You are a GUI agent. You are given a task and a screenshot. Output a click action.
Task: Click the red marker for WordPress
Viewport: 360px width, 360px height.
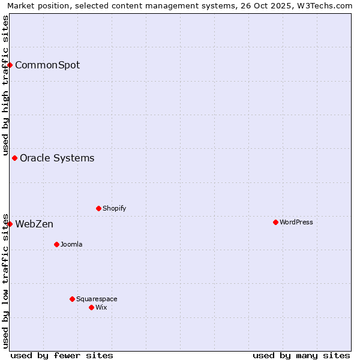(x=275, y=222)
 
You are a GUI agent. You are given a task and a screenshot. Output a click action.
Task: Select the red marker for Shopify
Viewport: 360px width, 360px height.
(x=98, y=208)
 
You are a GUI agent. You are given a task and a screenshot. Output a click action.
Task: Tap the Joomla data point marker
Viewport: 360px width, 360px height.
(x=56, y=244)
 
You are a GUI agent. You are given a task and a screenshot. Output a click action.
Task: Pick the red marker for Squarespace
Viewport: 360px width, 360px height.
(x=72, y=299)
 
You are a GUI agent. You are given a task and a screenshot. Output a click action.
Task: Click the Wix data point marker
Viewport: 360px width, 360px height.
(x=91, y=307)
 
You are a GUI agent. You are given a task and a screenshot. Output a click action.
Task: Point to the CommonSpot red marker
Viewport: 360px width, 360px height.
(x=10, y=65)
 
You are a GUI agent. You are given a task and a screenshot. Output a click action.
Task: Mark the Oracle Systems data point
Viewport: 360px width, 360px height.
(x=15, y=158)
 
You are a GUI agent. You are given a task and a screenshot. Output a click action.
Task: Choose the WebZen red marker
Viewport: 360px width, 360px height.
(x=10, y=224)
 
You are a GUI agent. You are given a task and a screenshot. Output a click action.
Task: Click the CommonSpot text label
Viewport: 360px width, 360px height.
(x=47, y=65)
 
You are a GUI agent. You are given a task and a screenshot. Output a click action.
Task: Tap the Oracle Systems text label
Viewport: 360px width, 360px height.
(x=57, y=158)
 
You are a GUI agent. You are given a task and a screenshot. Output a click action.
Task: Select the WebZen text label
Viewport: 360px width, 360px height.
(x=34, y=224)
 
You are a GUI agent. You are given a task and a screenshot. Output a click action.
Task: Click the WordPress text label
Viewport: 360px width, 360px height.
(x=296, y=222)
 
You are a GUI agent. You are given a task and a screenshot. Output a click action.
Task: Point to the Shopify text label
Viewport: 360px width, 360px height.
(x=114, y=208)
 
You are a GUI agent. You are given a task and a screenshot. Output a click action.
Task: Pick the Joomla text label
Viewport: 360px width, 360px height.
(x=71, y=244)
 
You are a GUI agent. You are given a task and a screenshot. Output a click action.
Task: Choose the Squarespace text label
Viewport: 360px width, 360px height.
(x=97, y=299)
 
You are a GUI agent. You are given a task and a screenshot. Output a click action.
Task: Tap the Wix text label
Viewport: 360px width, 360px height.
(x=101, y=307)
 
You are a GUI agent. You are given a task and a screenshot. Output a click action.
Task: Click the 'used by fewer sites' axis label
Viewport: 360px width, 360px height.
(x=62, y=355)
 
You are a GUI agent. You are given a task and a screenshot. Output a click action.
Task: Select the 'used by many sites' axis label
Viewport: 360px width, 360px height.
(x=301, y=355)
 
